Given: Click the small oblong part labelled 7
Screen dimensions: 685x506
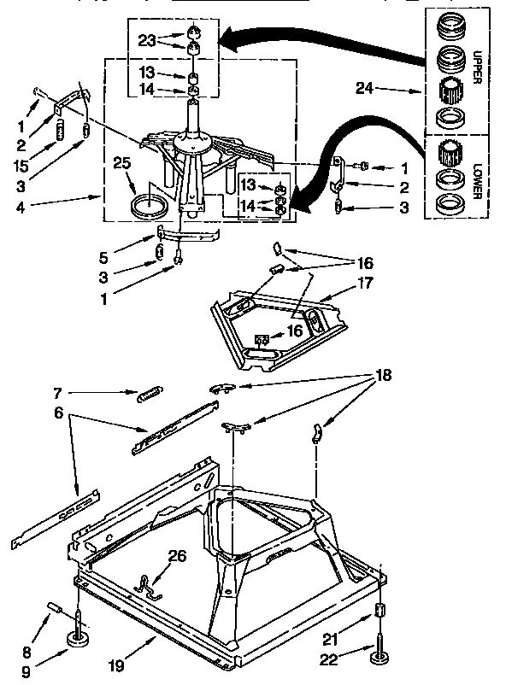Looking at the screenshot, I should coord(150,394).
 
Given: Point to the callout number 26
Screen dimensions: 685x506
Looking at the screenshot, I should coord(176,555).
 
